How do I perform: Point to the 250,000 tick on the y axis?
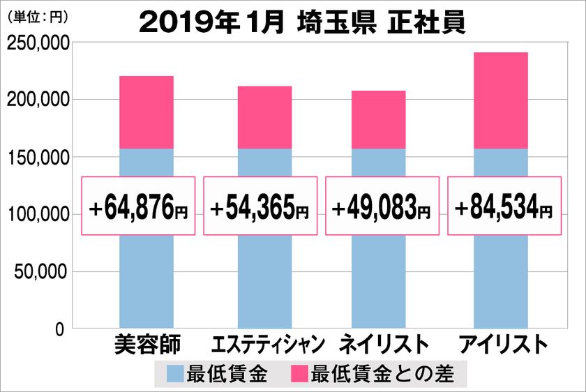[36, 43]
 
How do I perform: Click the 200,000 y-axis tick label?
[36, 100]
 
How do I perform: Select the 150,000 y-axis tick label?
[36, 158]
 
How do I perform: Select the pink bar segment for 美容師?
[146, 112]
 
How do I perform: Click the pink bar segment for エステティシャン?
[264, 117]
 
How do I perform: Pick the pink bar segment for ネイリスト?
[378, 119]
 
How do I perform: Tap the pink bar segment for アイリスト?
[500, 100]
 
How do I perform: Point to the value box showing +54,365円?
[260, 206]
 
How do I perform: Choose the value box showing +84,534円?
[503, 206]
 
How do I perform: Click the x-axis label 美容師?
[146, 345]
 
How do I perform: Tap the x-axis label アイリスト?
[500, 345]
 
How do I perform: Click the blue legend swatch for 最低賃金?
[176, 375]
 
